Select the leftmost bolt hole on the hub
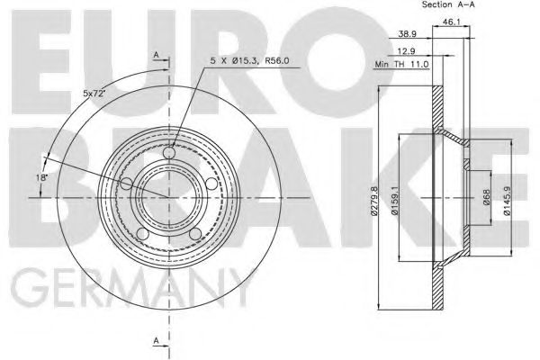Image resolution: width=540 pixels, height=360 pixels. point(127,184)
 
